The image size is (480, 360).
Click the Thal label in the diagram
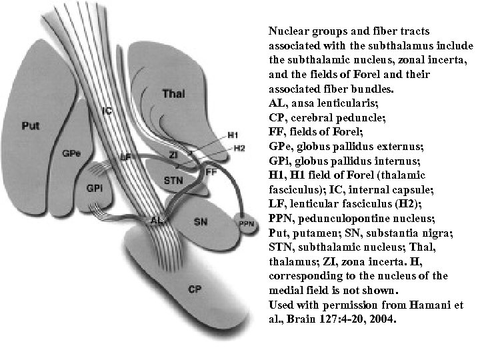(x=173, y=94)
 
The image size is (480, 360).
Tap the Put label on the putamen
(x=30, y=125)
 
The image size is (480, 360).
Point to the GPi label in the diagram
(x=94, y=189)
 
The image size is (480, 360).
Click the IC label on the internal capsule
(x=107, y=111)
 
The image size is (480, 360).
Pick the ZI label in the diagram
(x=174, y=154)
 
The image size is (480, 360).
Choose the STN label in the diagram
(x=172, y=181)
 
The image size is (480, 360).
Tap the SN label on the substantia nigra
(x=200, y=221)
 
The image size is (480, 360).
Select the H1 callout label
(x=233, y=135)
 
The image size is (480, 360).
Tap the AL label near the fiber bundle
(x=157, y=219)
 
